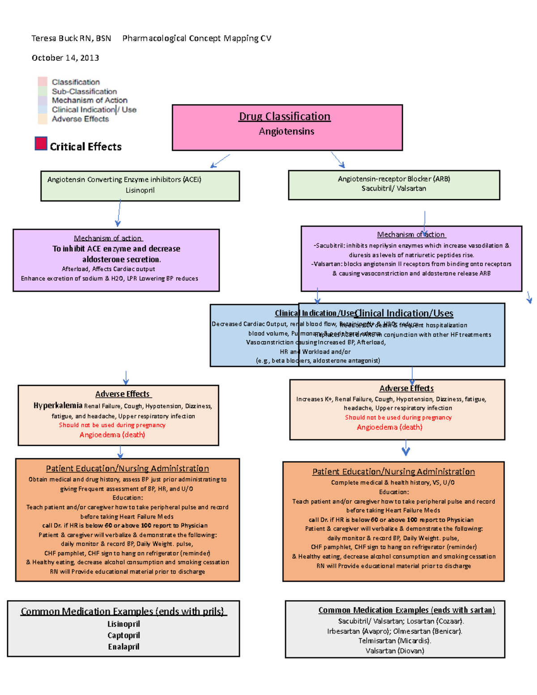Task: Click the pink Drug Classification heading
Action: (285, 116)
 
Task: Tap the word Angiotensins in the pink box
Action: (286, 132)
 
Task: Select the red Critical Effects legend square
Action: (41, 144)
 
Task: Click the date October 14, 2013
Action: (65, 58)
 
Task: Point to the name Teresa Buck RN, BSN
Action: (71, 38)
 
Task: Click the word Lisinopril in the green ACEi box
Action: (140, 190)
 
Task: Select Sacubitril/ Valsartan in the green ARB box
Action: (394, 188)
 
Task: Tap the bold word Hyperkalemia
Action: (58, 405)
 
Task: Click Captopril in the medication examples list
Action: (124, 635)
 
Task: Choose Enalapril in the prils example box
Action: (124, 647)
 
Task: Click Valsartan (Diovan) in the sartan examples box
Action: (395, 651)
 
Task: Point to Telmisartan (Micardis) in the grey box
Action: (395, 641)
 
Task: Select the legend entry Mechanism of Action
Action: (89, 100)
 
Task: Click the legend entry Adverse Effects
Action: (80, 119)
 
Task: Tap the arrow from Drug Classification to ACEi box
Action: (220, 161)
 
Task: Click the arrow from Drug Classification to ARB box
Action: (338, 160)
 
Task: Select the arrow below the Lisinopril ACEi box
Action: (119, 213)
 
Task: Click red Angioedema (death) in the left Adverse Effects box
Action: (112, 435)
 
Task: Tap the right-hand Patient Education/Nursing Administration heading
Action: (393, 472)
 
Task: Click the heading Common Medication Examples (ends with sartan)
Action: (407, 610)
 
